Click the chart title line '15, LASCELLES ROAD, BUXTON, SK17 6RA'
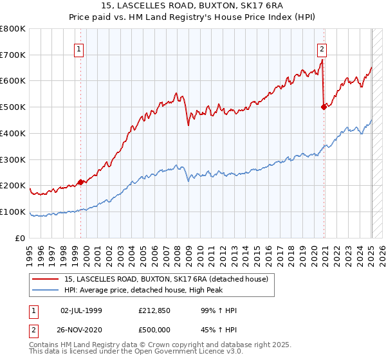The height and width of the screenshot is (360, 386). tap(192, 6)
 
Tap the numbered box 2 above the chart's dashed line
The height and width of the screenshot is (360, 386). tap(321, 48)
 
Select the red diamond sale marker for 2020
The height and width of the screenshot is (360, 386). tap(324, 107)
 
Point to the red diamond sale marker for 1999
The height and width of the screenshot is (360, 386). tap(80, 182)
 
